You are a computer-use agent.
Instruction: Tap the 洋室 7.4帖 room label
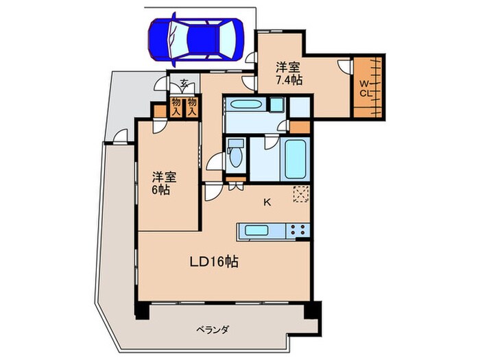click(x=287, y=73)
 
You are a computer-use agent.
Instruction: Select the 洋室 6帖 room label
click(x=165, y=182)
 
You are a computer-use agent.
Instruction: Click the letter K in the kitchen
click(x=267, y=202)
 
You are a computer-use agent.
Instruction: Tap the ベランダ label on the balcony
click(x=215, y=329)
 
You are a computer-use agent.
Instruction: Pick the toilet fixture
click(x=236, y=154)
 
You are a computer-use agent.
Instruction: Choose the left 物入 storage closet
click(x=176, y=107)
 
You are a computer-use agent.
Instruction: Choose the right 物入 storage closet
click(x=193, y=107)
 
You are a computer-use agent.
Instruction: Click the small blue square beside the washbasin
click(x=276, y=104)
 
